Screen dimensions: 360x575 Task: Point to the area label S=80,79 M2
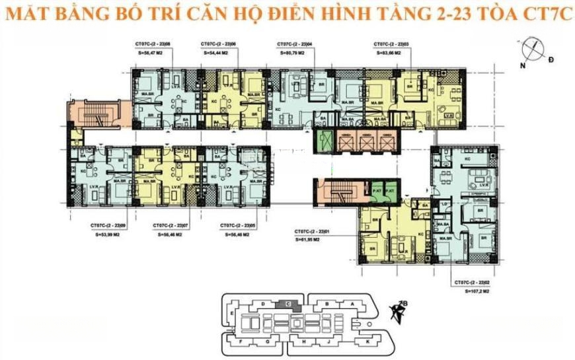click(x=291, y=51)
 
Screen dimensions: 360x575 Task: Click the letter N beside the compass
click(x=521, y=66)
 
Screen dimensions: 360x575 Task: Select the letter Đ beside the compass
click(x=551, y=60)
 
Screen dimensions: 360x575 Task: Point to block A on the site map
click(x=352, y=305)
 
